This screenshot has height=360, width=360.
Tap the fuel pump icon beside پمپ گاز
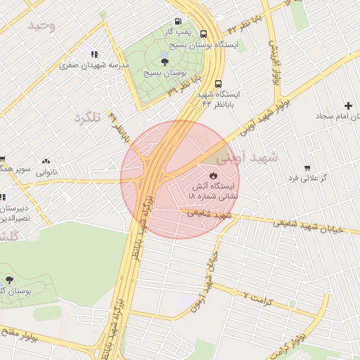pos(184,20)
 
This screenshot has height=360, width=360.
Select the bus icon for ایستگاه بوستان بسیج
pos(203,33)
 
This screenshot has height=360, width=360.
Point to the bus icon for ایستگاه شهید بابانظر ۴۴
pos(218,82)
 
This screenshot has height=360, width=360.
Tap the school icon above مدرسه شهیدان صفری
pos(94,53)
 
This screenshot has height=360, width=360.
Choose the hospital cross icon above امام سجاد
pos(348,105)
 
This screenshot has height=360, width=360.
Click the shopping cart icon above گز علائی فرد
pos(307,168)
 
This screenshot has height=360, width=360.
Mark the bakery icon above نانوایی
pos(46,161)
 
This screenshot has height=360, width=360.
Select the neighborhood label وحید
pos(41,25)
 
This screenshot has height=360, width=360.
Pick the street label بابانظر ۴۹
pos(120,129)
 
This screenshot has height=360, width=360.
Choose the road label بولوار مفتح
pos(21,333)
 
